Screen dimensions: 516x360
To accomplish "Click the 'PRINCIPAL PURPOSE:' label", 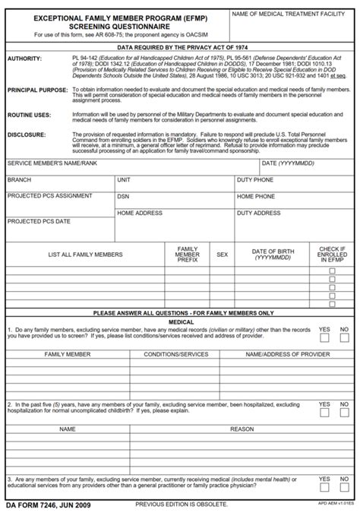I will (36, 90).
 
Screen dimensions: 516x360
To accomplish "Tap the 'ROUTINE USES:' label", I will (29, 115).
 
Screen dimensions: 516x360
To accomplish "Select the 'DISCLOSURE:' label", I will (26, 134).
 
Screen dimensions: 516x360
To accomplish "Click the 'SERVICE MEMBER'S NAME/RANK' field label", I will (52, 163).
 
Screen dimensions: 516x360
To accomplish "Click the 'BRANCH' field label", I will (19, 180).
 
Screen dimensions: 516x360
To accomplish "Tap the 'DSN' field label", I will (123, 196).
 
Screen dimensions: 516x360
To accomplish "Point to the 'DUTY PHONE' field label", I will (255, 180).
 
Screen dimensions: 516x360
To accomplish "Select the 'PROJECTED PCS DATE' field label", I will (39, 221).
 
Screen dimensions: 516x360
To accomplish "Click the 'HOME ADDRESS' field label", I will (140, 214).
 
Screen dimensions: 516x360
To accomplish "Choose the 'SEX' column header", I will (222, 255).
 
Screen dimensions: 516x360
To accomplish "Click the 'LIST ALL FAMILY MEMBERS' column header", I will (85, 255).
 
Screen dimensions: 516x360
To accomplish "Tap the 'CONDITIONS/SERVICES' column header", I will (176, 354).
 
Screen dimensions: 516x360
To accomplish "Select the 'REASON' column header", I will (242, 429).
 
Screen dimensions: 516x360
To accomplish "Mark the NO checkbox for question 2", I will (344, 413).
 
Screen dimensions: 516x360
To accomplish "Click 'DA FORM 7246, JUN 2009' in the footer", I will (48, 505).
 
